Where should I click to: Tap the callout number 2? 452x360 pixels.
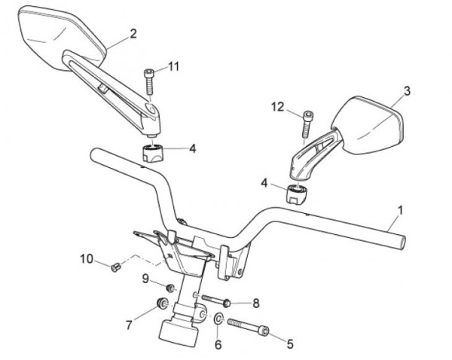[x=133, y=33]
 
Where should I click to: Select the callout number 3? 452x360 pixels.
[x=406, y=91]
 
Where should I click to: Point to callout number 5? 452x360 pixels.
[x=290, y=343]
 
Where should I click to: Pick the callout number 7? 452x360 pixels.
[x=128, y=325]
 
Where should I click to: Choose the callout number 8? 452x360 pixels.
[x=255, y=303]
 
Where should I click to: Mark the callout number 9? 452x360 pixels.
[x=147, y=279]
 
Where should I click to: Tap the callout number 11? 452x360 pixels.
[x=174, y=67]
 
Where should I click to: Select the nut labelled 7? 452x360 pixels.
[x=160, y=304]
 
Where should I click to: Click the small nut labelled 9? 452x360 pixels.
[x=171, y=288]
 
